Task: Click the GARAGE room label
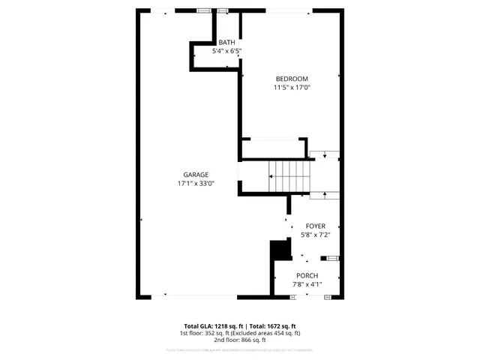[196, 175]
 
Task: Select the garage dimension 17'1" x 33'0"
[196, 183]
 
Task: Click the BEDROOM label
[291, 79]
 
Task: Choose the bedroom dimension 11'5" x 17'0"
[291, 87]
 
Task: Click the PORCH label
[307, 276]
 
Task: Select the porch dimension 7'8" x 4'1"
[307, 284]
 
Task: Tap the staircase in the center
[289, 177]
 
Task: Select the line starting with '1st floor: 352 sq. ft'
[239, 333]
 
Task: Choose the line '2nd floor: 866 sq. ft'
[239, 340]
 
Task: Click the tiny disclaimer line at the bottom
[239, 349]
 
